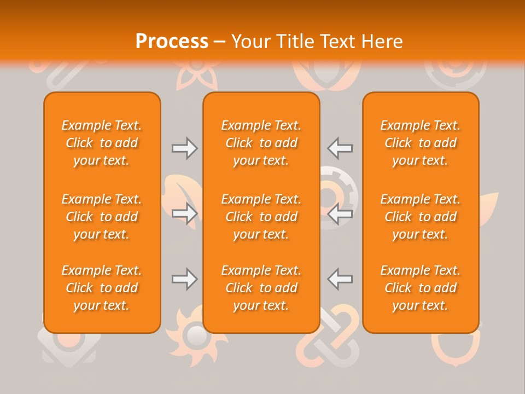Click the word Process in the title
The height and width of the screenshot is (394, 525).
(172, 42)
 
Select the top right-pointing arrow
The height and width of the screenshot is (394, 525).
(185, 148)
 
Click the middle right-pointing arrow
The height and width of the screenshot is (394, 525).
(185, 214)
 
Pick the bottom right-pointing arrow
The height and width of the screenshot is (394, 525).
(185, 279)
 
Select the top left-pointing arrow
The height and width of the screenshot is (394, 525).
(340, 148)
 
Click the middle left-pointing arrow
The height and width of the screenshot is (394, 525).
(340, 214)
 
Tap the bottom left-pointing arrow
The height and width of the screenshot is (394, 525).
(340, 279)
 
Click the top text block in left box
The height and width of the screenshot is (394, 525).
(102, 143)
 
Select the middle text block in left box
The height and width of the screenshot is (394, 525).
(102, 217)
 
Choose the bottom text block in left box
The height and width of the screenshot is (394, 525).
(102, 288)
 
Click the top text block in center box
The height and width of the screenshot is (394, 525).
(261, 143)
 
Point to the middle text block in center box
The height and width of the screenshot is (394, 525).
(261, 217)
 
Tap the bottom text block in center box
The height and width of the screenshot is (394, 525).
(261, 288)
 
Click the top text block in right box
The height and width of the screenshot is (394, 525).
(421, 143)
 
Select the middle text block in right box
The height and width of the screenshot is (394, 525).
(421, 217)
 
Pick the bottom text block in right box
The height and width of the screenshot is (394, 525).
(421, 288)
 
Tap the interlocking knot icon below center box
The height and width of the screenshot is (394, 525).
(327, 345)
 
